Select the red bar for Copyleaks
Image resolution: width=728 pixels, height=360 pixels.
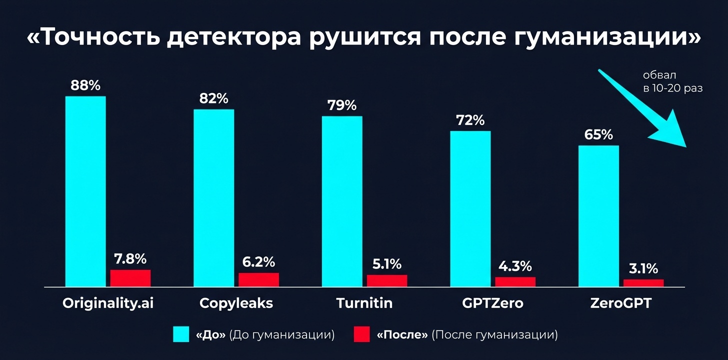click(x=258, y=279)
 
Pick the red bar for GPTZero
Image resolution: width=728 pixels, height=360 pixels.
click(x=515, y=281)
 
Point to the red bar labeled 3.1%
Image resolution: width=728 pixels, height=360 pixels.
click(x=643, y=283)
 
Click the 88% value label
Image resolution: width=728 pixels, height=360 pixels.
click(x=85, y=85)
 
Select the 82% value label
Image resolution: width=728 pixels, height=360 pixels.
click(x=213, y=98)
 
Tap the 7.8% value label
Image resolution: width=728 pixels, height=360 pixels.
click(x=130, y=259)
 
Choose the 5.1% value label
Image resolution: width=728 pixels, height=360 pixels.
click(x=387, y=264)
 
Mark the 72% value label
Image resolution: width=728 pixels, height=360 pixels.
click(x=470, y=120)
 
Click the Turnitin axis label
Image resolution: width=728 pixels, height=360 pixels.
click(x=364, y=303)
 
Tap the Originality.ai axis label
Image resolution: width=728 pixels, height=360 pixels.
click(x=107, y=303)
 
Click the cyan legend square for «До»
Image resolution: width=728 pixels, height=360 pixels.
click(x=181, y=334)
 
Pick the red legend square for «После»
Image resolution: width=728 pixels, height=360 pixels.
click(x=361, y=334)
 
